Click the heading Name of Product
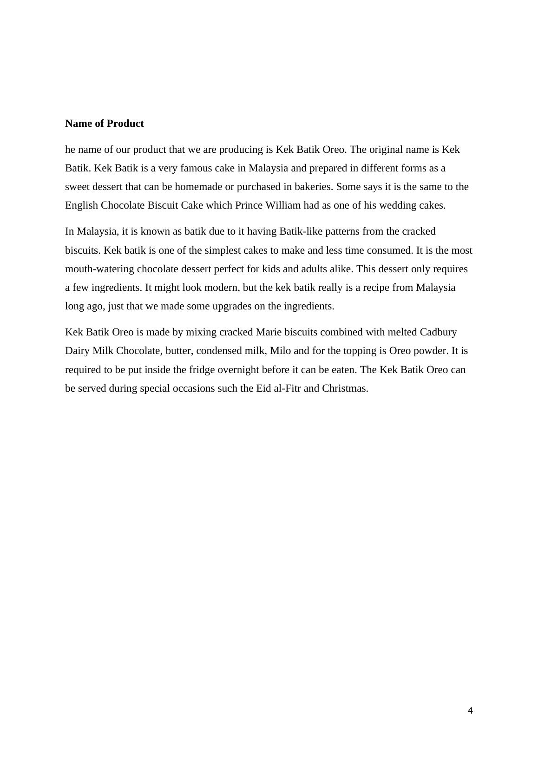[104, 124]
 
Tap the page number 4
[470, 710]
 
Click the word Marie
[269, 332]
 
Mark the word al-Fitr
[288, 388]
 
